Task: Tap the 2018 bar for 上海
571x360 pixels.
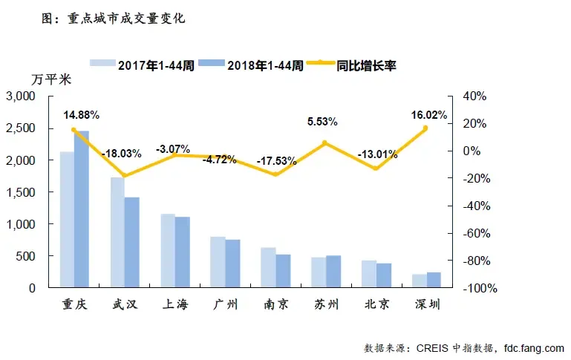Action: tap(183, 252)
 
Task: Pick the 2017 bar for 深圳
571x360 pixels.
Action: tap(420, 281)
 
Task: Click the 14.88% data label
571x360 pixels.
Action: tap(82, 115)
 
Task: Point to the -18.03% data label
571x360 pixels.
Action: tap(123, 154)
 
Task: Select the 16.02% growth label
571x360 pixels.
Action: tap(428, 115)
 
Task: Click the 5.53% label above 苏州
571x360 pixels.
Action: tap(323, 121)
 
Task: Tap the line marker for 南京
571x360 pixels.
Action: tap(276, 174)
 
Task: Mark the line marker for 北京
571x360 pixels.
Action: tap(376, 168)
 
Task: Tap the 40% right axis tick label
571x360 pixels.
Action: tap(473, 96)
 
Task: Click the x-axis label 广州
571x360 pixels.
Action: tap(225, 305)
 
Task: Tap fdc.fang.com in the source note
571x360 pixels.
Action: tap(533, 347)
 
